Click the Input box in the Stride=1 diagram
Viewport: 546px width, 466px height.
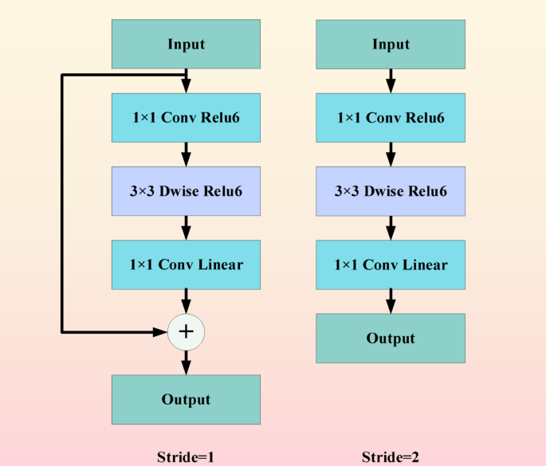pyautogui.click(x=186, y=44)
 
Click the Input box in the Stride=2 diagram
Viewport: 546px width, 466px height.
pyautogui.click(x=390, y=44)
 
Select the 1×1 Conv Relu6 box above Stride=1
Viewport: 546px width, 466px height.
pyautogui.click(x=186, y=118)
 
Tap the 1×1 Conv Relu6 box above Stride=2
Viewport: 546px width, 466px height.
pyautogui.click(x=390, y=118)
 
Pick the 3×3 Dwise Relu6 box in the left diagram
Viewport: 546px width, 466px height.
pyautogui.click(x=186, y=191)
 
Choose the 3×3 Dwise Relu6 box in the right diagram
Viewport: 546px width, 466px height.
pyautogui.click(x=390, y=191)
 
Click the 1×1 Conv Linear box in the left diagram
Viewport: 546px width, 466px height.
pyautogui.click(x=186, y=264)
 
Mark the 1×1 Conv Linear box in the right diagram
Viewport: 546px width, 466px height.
pyautogui.click(x=390, y=264)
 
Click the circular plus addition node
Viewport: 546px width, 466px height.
pyautogui.click(x=187, y=331)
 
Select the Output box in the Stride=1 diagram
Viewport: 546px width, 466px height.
pyautogui.click(x=186, y=399)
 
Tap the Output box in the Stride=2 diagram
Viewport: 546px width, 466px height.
pyautogui.click(x=390, y=338)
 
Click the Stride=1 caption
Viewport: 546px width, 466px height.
pyautogui.click(x=186, y=457)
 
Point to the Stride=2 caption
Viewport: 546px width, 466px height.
pyautogui.click(x=390, y=457)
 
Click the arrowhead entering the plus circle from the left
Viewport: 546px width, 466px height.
pyautogui.click(x=160, y=331)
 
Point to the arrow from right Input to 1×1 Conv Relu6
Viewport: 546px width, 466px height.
pyautogui.click(x=391, y=80)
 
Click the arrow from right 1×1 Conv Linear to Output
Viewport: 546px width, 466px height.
pyautogui.click(x=391, y=301)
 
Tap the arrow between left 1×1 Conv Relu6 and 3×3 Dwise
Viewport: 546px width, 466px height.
pyautogui.click(x=187, y=154)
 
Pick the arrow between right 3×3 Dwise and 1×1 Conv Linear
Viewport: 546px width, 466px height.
pyautogui.click(x=391, y=227)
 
